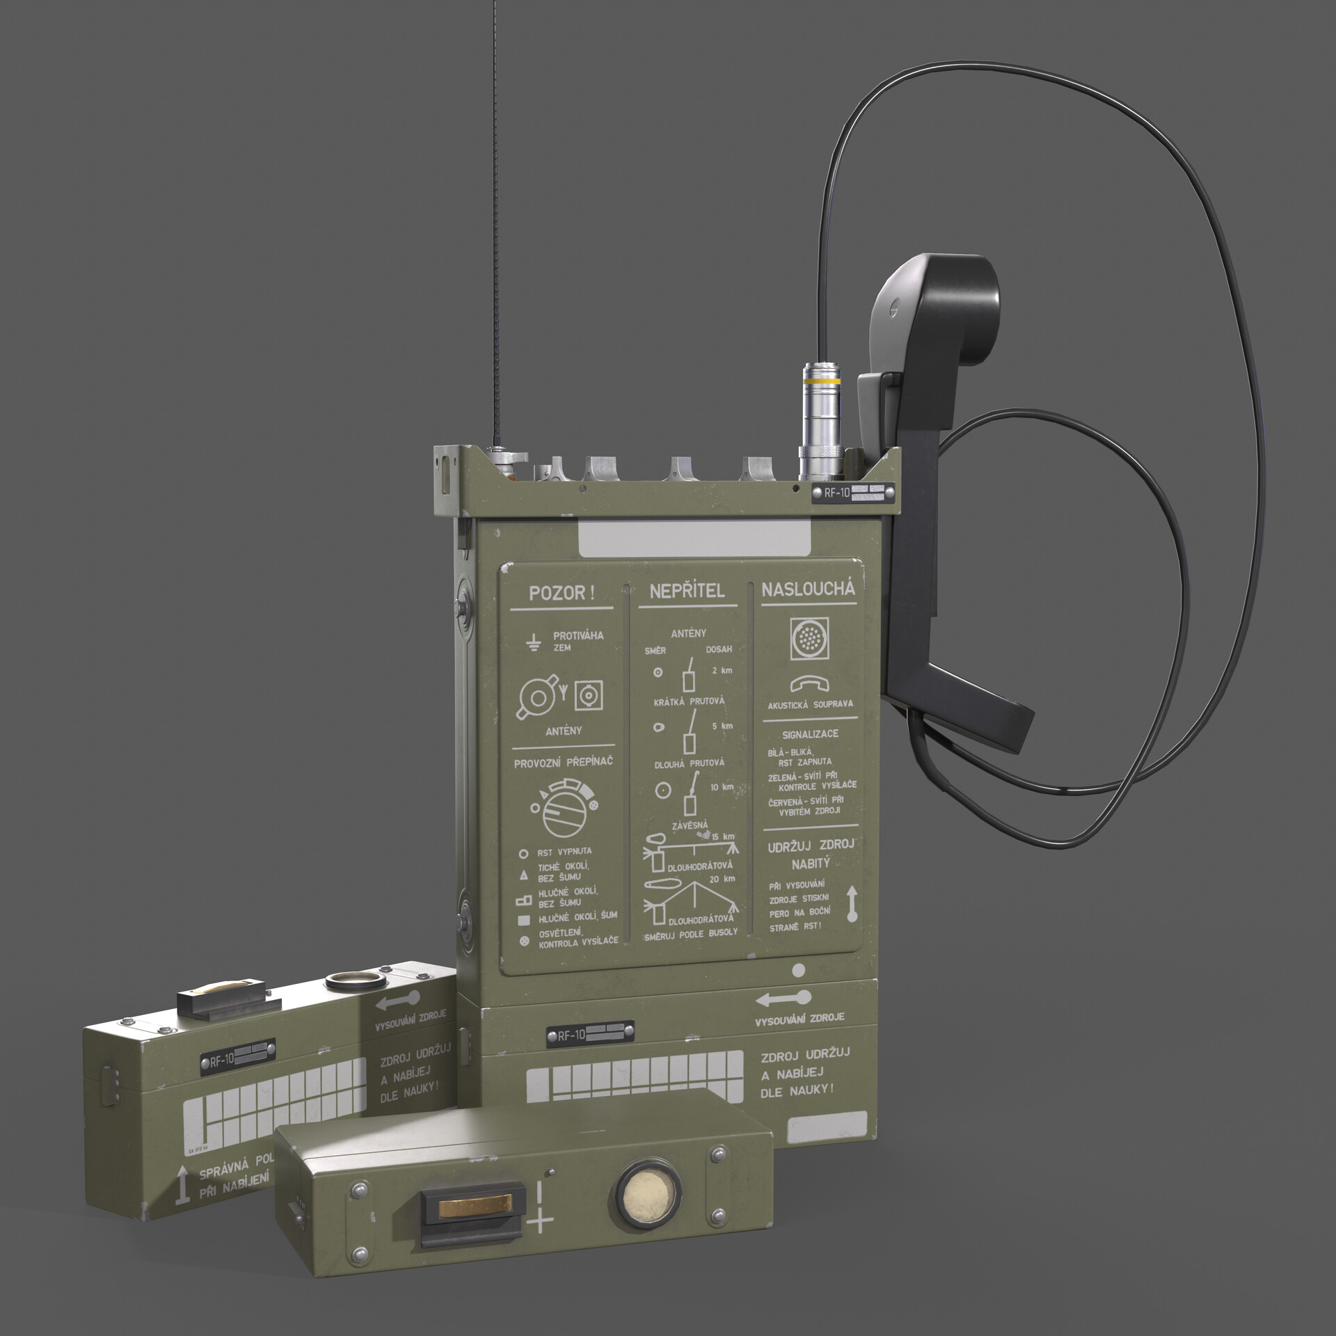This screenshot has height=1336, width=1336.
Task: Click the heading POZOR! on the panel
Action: click(562, 594)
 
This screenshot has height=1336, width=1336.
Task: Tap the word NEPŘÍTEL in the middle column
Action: click(687, 591)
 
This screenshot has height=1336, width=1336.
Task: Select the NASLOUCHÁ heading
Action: click(808, 589)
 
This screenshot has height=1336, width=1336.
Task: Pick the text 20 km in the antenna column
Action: click(722, 880)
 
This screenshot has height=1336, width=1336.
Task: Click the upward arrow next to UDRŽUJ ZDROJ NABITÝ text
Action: click(852, 904)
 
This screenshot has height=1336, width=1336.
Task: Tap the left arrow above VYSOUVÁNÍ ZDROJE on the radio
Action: click(784, 999)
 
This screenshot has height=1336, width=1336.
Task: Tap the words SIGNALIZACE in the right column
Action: click(810, 733)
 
